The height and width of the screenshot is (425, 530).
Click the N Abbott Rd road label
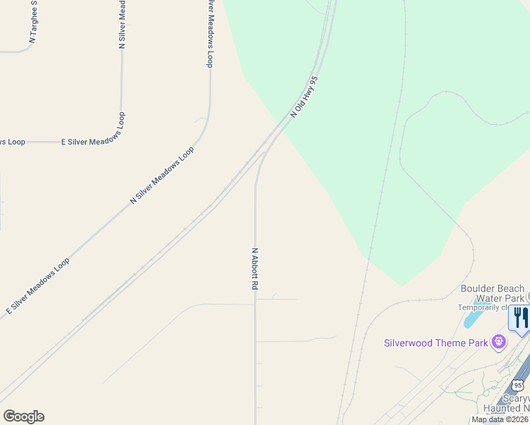pos(254,268)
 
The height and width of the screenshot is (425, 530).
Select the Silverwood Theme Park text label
pos(436,343)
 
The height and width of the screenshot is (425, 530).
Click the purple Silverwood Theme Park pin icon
pos(499,342)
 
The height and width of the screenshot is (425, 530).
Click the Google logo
pos(23,416)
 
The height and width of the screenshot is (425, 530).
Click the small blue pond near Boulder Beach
pos(470,319)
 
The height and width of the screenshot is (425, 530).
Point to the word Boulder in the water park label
pos(478,288)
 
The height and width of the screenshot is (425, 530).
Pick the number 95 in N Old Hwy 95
pos(315,83)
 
